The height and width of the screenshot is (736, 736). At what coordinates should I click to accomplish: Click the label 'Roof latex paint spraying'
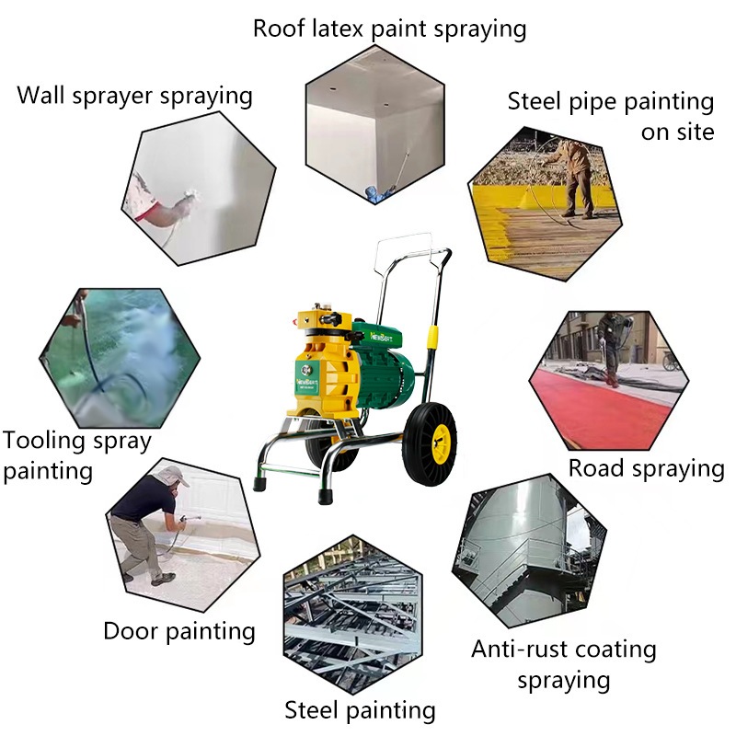(x=389, y=29)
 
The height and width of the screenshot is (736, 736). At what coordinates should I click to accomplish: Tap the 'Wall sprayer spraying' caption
(x=134, y=97)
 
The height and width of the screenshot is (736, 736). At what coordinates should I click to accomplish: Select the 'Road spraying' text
(x=647, y=469)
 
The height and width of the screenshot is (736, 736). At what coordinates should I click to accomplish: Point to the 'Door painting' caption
(x=179, y=631)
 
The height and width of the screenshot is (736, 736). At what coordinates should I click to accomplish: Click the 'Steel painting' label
(x=360, y=710)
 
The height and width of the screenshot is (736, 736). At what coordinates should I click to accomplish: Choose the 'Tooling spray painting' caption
(x=77, y=455)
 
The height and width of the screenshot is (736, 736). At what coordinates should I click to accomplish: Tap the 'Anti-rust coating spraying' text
(x=564, y=664)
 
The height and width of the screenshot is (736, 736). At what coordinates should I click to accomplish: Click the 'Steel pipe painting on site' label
(x=611, y=117)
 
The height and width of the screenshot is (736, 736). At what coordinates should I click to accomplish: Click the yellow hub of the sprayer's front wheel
(x=442, y=443)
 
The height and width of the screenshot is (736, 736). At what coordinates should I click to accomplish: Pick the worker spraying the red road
(x=614, y=348)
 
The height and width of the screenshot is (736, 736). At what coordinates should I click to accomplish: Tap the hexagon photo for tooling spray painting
(x=120, y=358)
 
